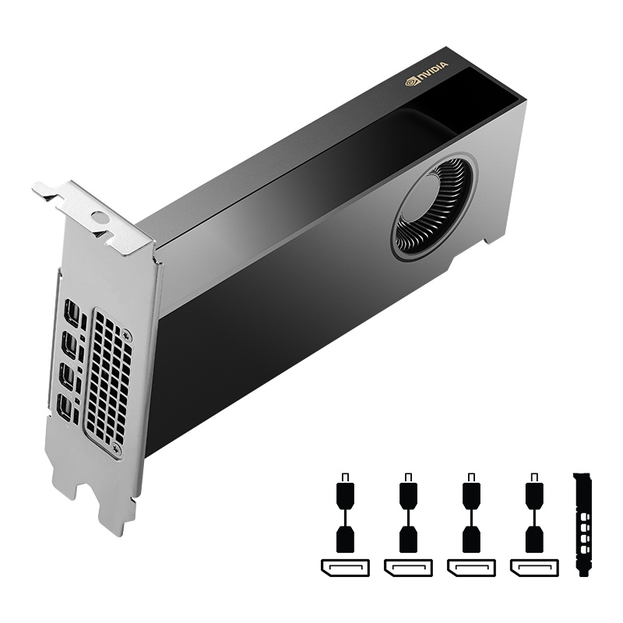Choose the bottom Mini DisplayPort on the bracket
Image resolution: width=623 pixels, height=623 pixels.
click(x=66, y=407)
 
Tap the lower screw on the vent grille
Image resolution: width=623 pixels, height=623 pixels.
click(x=117, y=449)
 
